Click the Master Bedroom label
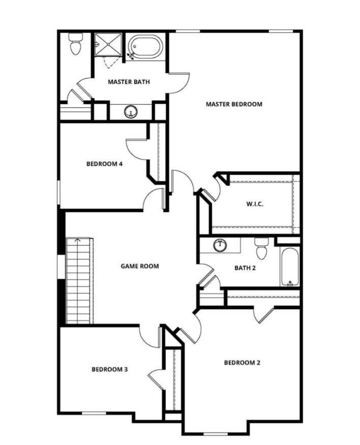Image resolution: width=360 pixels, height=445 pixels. coord(234,104)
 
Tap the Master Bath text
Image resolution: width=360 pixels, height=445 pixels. coord(128,82)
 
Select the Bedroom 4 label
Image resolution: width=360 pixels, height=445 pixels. coord(104,164)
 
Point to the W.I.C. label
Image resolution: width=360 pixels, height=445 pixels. coord(254,204)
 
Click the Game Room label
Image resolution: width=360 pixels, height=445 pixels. coord(139,266)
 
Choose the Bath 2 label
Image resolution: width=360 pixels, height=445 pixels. coord(245,268)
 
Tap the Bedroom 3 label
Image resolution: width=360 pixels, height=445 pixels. coord(109,369)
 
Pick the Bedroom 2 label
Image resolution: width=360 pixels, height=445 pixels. coord(242,363)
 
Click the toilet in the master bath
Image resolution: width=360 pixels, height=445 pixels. coord(76,45)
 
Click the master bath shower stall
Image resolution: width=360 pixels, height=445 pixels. coord(108,44)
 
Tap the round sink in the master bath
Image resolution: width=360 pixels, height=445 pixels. coord(131,111)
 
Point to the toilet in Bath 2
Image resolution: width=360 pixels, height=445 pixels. coord(261,249)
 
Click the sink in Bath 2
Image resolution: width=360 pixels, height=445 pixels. coord(220,246)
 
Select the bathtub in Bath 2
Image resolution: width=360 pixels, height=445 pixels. coord(290,266)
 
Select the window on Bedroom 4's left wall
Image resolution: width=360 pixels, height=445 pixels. coord(59,192)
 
